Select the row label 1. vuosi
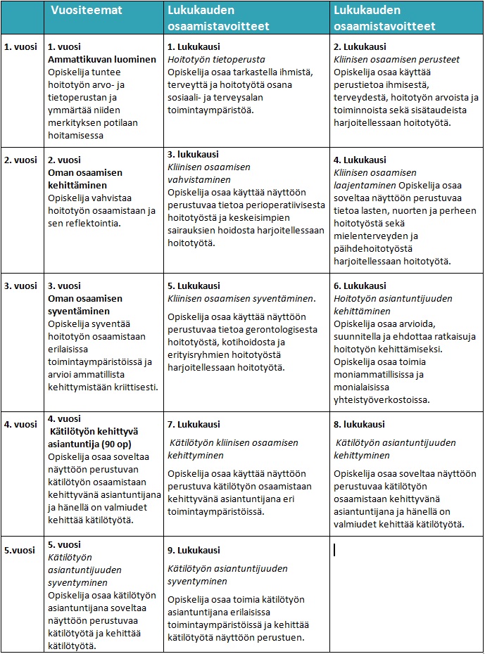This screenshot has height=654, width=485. tap(21, 47)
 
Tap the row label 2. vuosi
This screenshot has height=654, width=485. tap(21, 160)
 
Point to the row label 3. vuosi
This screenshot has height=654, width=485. tap(21, 286)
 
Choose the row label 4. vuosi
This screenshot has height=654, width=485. tap(21, 424)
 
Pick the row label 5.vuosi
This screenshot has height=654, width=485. tap(20, 550)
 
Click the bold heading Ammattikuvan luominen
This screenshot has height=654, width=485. tap(101, 60)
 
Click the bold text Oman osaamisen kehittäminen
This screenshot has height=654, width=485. tap(85, 179)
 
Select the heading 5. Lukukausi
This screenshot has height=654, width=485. tap(194, 286)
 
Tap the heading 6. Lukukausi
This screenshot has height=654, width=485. tap(360, 286)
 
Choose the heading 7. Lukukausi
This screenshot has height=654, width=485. tap(194, 424)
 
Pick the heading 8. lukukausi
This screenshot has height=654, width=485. tap(359, 424)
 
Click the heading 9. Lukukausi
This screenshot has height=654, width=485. tap(194, 550)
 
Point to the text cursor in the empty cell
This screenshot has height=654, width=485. tap(334, 550)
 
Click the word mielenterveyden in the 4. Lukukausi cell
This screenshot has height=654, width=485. tap(370, 236)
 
